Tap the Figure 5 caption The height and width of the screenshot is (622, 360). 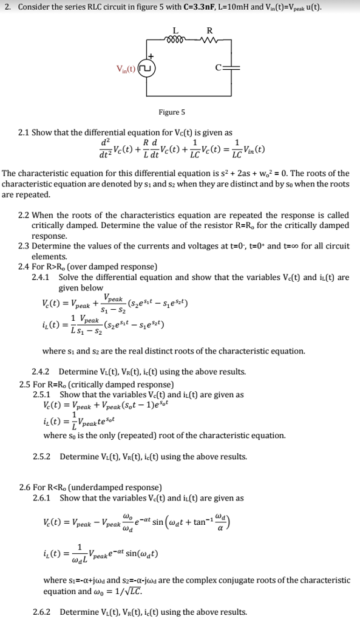(172, 112)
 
